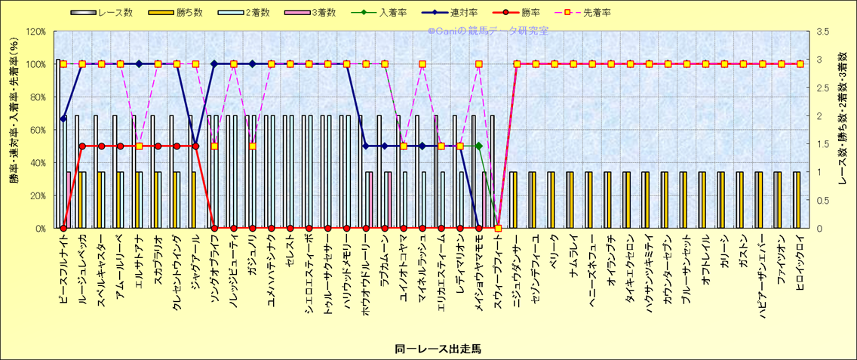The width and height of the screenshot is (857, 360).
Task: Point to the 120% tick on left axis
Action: point(35,32)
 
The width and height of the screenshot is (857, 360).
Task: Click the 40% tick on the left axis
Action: point(38,163)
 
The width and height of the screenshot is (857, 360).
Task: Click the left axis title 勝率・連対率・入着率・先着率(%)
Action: point(14,129)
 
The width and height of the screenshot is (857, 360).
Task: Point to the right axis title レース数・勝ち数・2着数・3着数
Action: point(843,129)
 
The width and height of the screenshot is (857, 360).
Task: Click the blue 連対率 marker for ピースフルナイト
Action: point(63,118)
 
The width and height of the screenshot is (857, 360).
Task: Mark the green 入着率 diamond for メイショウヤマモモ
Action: point(479,146)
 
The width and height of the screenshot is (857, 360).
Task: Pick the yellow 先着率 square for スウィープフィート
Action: point(498,228)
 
